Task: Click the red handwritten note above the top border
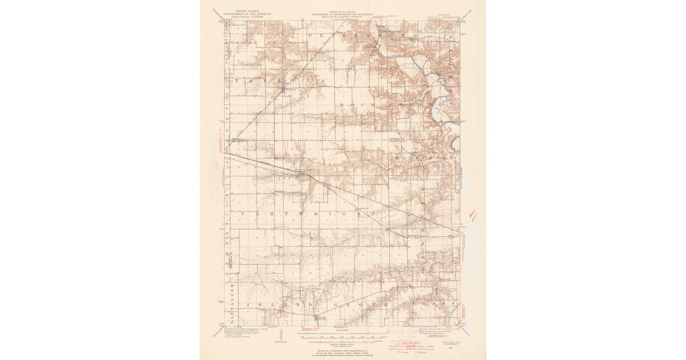(394, 25)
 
